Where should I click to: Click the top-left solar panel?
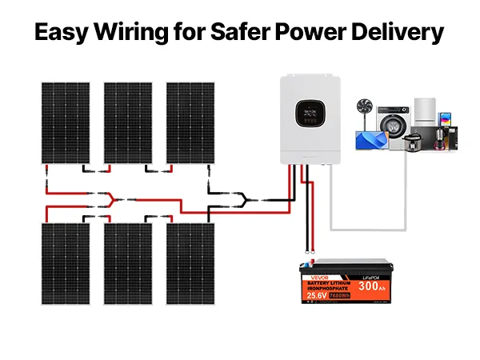[x=66, y=122]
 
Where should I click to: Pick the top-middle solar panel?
[x=127, y=122]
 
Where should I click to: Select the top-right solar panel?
[x=189, y=122]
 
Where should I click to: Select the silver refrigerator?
[x=424, y=120]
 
